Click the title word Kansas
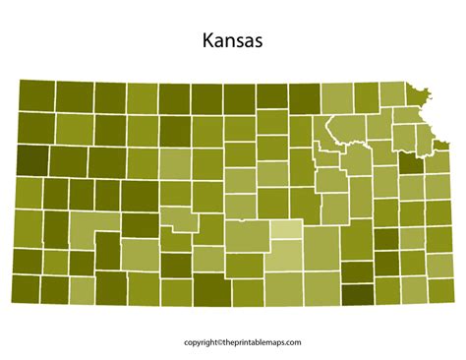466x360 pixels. [x=232, y=42]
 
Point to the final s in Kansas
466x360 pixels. [x=258, y=43]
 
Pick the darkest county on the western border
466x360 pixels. [x=32, y=159]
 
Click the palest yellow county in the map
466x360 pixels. [x=287, y=231]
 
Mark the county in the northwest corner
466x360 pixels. [x=36, y=94]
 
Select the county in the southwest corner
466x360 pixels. [x=28, y=288]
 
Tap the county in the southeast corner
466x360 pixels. [x=439, y=288]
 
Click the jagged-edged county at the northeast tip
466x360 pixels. [x=422, y=94]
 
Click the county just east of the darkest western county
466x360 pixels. [x=68, y=160]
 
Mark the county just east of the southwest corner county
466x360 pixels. [x=54, y=288]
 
